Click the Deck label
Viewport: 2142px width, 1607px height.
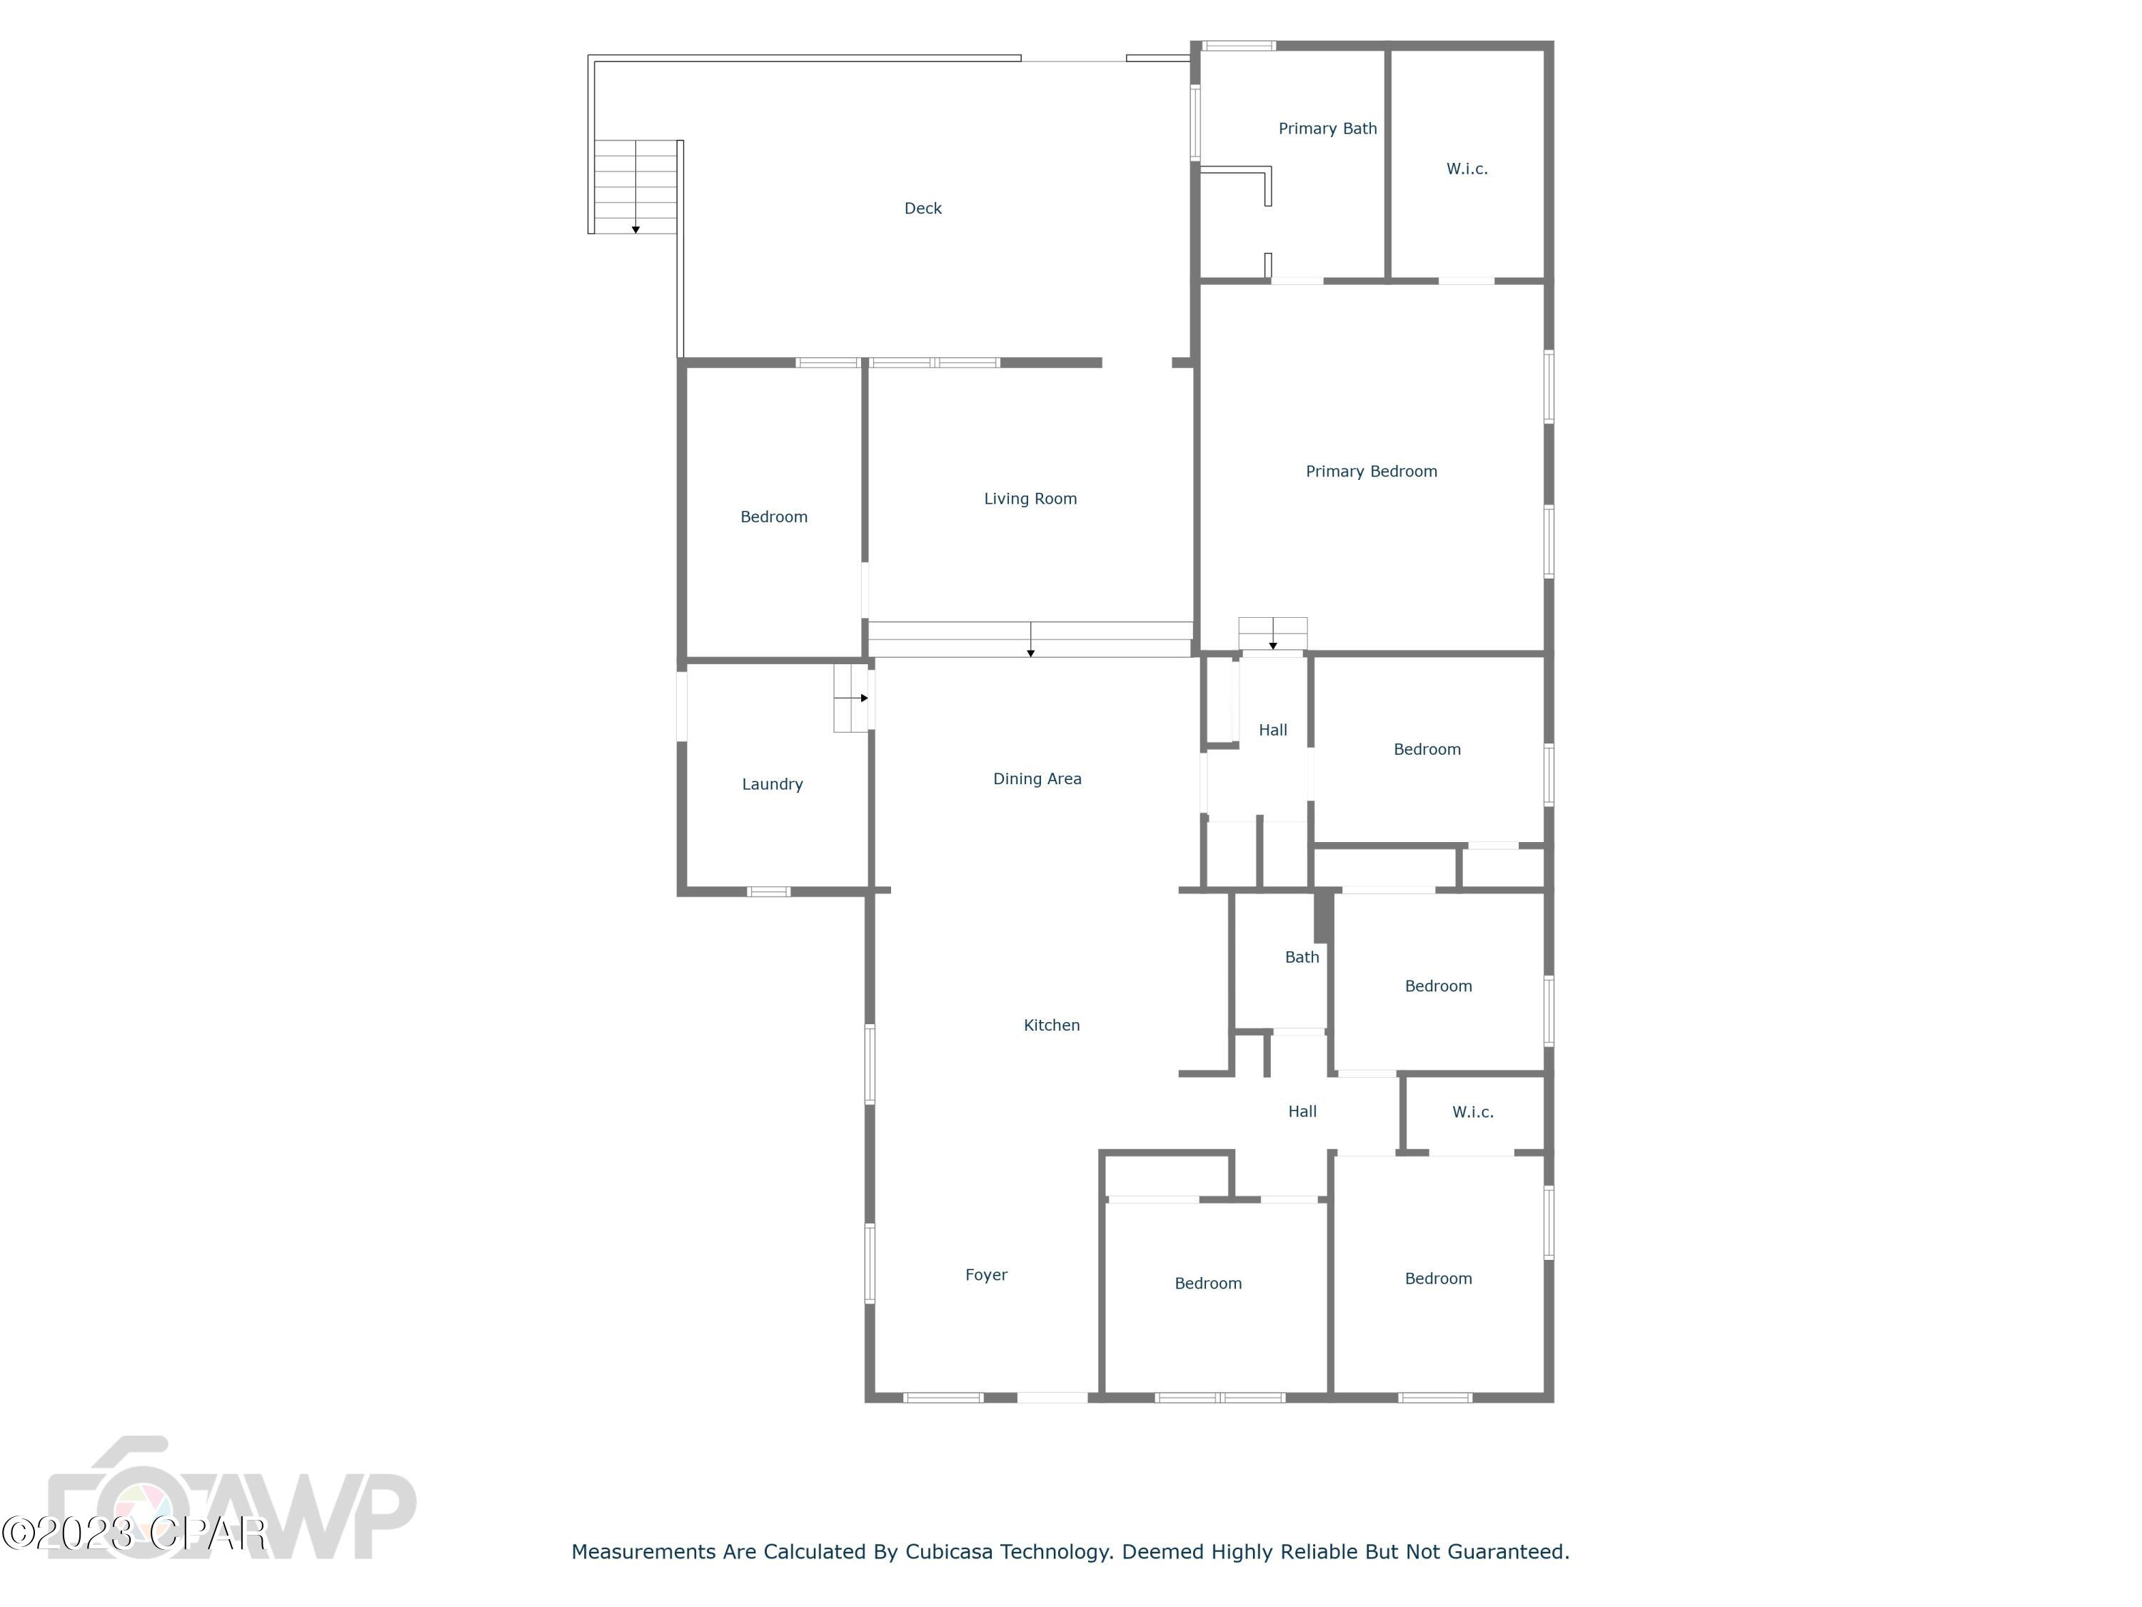point(922,209)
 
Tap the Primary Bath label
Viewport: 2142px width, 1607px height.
point(1327,129)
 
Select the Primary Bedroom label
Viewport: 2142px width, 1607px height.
point(1370,471)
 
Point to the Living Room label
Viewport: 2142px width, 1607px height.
point(1030,499)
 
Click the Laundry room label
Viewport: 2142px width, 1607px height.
point(772,785)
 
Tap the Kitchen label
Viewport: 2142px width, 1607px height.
point(1051,1025)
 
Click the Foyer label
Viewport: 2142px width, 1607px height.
point(986,1275)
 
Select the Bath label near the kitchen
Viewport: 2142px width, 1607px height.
point(1302,957)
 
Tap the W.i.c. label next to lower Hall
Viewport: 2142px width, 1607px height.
point(1472,1112)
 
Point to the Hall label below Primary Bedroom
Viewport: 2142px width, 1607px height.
point(1272,731)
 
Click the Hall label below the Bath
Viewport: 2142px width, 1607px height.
point(1302,1112)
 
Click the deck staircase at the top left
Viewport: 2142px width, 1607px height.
point(635,186)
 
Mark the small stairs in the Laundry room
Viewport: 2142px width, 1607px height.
point(850,697)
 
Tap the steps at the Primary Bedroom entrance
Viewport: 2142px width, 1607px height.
point(1272,634)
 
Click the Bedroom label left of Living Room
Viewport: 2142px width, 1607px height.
point(774,517)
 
